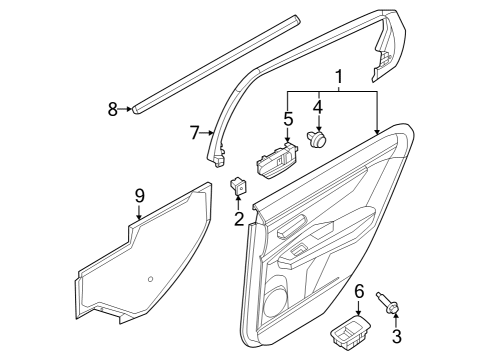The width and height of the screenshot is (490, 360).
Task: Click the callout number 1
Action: pos(339,76)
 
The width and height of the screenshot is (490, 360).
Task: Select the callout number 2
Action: pos(239,218)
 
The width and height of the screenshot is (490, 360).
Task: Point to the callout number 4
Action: pos(319,106)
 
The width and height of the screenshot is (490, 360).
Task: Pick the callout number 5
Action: pos(288,118)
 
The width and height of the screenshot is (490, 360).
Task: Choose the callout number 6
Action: pos(358,290)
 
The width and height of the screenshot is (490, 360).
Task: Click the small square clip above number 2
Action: pos(241,185)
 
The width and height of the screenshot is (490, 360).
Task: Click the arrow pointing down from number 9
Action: pos(140,211)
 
